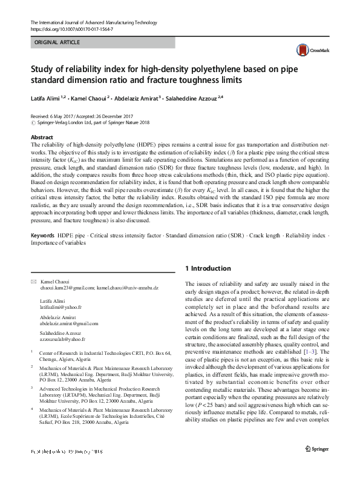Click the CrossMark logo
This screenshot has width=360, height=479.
[309, 51]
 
